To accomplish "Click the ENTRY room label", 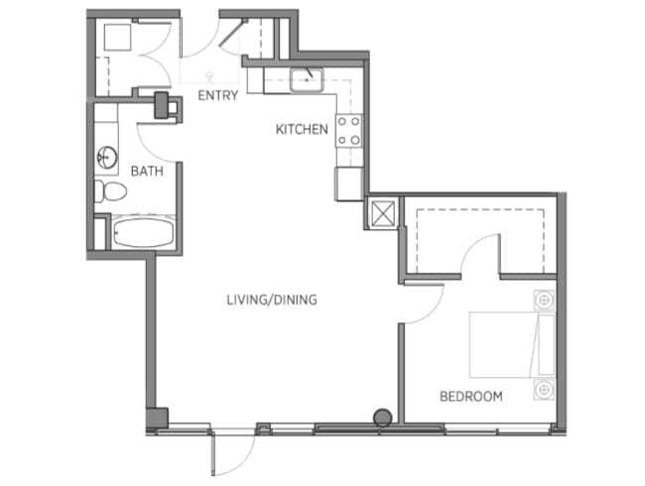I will point(218,96).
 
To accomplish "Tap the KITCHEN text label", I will point(302,129).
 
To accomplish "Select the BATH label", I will point(147,172).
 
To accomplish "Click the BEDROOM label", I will point(470,397).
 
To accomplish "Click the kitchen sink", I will point(308,77).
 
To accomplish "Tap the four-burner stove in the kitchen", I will point(348,131).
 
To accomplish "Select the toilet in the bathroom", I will point(108,190).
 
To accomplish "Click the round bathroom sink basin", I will point(105,157).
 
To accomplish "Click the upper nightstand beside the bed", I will point(543,299).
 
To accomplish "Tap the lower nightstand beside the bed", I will point(543,388).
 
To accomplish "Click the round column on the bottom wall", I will point(380,418).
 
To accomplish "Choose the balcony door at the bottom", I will point(234,451).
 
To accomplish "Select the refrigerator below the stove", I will point(349,183).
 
